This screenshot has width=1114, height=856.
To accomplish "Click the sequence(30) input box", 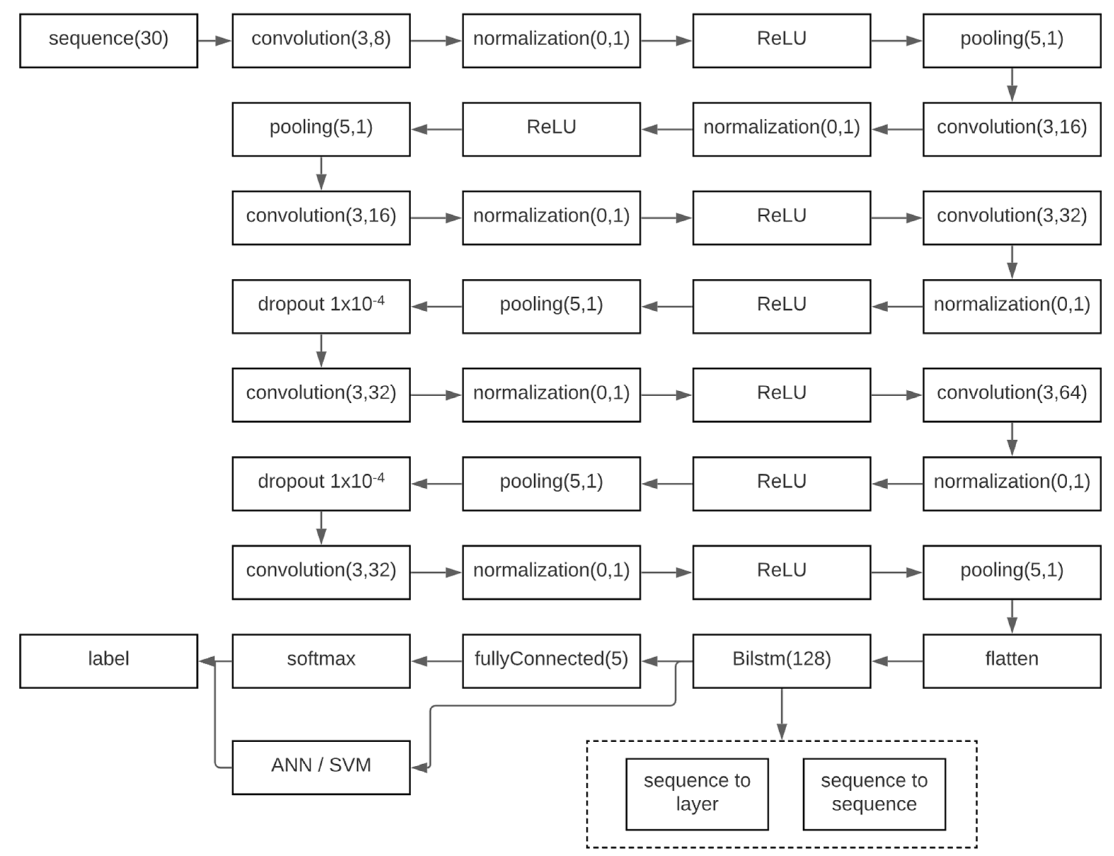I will [x=108, y=41].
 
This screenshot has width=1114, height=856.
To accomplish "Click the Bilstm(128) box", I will [x=781, y=661].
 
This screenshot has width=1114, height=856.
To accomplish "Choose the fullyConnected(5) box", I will [x=551, y=661].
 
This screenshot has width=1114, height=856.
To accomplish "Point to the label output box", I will [x=108, y=661].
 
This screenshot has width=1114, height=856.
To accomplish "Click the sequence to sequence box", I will [x=874, y=794].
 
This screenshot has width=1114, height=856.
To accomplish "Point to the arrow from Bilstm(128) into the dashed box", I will [x=781, y=713].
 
